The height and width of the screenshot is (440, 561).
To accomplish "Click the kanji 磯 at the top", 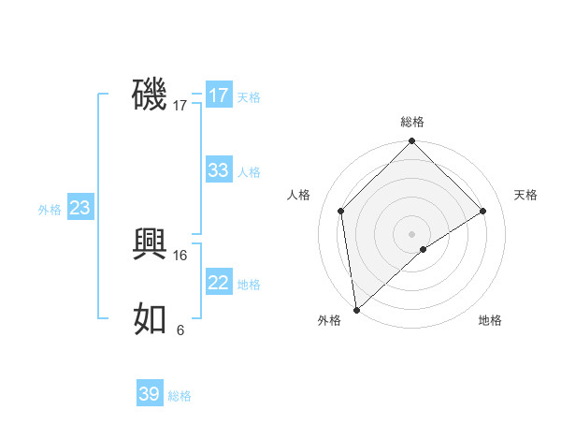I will (150, 95).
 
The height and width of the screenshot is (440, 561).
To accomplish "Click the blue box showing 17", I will (218, 95).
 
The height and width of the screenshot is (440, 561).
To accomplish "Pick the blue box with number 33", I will (218, 170).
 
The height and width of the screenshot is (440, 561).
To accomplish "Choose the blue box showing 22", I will (218, 283).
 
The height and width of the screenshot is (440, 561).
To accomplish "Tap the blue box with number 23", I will (79, 208).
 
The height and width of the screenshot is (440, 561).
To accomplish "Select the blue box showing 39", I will (150, 394).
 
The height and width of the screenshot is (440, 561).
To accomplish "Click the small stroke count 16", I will (181, 255).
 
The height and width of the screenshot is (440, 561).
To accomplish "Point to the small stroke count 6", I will (180, 330).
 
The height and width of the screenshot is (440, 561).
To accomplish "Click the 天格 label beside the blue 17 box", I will (249, 97).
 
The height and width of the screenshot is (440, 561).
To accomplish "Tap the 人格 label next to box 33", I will (249, 172).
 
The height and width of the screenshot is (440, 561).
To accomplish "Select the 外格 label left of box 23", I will (50, 210).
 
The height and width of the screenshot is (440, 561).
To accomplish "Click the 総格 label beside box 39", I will (180, 396).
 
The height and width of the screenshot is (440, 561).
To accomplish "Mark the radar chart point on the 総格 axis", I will (411, 142).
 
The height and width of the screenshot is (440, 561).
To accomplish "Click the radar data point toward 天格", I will (483, 211).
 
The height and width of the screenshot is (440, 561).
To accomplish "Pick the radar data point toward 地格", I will (424, 249).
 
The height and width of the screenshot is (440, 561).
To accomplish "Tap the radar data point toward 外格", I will (356, 309).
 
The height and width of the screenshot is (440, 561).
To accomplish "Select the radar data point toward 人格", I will (341, 211).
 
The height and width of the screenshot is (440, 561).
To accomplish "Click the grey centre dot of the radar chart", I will (411, 233).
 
